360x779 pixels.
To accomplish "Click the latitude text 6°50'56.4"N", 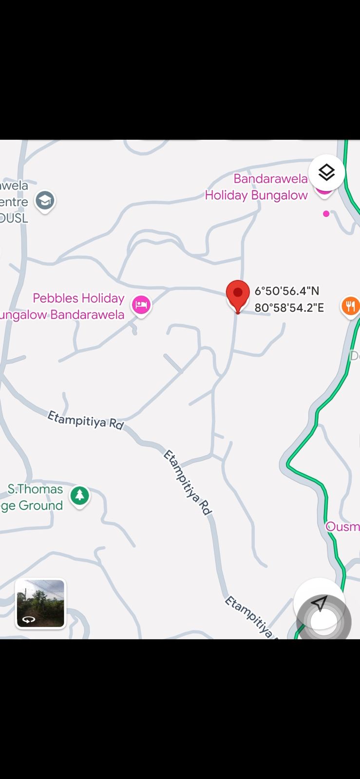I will pyautogui.click(x=286, y=291).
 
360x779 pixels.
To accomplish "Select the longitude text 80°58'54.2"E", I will pyautogui.click(x=289, y=308).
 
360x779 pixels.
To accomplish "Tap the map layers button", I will pyautogui.click(x=326, y=172).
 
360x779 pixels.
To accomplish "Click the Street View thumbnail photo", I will pyautogui.click(x=40, y=603).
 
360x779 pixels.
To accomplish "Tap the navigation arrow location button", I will pyautogui.click(x=319, y=604).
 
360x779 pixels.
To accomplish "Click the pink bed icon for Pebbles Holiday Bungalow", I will pyautogui.click(x=141, y=305).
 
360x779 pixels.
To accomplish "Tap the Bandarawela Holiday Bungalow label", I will pyautogui.click(x=257, y=187).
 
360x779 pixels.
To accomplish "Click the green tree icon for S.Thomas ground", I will pyautogui.click(x=79, y=496).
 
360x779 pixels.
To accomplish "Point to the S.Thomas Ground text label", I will pyautogui.click(x=33, y=497).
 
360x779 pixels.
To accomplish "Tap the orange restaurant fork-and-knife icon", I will pyautogui.click(x=350, y=306).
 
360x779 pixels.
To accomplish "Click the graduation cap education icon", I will pyautogui.click(x=45, y=201).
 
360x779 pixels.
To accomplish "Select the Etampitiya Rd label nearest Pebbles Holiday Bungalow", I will pyautogui.click(x=86, y=420).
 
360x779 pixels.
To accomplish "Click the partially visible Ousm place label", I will pyautogui.click(x=343, y=526).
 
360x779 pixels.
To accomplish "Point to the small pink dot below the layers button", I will pyautogui.click(x=326, y=214).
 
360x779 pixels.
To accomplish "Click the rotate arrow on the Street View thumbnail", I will pyautogui.click(x=29, y=619).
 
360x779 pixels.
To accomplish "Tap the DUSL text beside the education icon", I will pyautogui.click(x=14, y=218).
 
